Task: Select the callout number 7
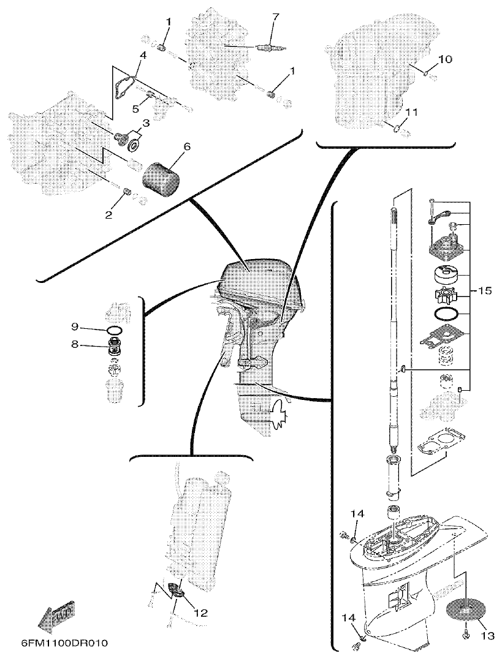[x=275, y=16]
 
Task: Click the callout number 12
[x=200, y=612]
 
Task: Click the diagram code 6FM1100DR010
[x=64, y=644]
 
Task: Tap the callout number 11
[x=411, y=113]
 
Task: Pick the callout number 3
[x=145, y=123]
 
